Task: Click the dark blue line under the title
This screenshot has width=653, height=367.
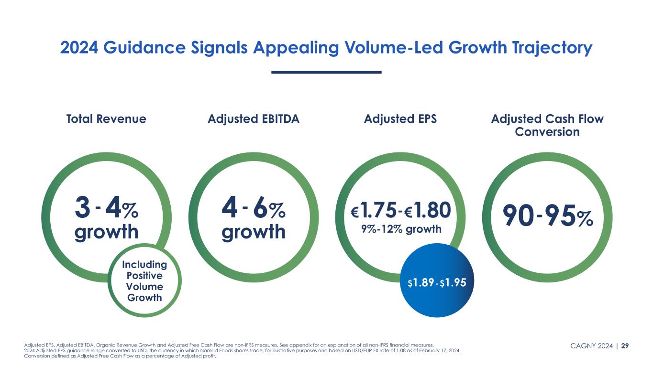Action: (x=326, y=72)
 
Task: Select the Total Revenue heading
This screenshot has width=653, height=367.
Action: (x=106, y=119)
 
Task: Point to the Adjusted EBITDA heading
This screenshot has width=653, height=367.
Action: (x=254, y=119)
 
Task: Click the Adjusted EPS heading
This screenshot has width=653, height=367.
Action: (x=400, y=119)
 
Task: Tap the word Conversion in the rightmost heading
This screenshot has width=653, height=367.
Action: (x=547, y=131)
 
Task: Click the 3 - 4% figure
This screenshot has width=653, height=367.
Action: (x=106, y=209)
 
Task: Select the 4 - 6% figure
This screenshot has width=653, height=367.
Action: (x=254, y=209)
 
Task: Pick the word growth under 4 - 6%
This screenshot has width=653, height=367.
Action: (x=254, y=232)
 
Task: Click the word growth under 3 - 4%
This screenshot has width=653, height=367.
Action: (x=106, y=232)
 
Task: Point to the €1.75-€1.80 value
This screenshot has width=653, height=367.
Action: (x=400, y=209)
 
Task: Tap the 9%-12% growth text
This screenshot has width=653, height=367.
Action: (x=400, y=229)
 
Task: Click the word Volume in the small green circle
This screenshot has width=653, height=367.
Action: (x=144, y=287)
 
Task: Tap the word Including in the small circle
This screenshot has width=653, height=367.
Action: (x=144, y=265)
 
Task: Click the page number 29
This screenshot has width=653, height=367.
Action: (x=625, y=345)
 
